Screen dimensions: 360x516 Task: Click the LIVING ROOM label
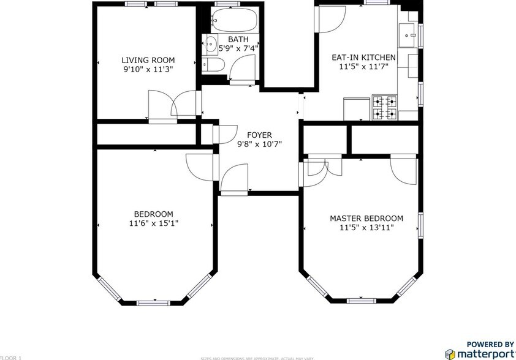pos(148,60)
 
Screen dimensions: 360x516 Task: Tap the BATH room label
pos(238,39)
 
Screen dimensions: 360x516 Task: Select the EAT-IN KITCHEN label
pos(363,58)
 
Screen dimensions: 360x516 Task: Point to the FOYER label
pos(259,135)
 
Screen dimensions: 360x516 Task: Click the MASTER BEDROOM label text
pos(366,219)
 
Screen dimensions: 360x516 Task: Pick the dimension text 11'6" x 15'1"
pos(154,223)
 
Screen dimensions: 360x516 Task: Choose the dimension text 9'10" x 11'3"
pos(148,69)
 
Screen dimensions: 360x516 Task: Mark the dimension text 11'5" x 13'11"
pos(366,228)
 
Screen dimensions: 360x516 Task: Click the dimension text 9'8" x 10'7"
pos(259,144)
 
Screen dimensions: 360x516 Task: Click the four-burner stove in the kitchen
pos(385,108)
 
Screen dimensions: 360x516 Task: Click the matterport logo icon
pos(450,354)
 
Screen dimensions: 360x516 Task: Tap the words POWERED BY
pos(490,344)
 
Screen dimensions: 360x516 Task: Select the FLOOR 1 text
pos(11,357)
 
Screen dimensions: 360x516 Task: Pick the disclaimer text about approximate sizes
pos(257,358)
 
